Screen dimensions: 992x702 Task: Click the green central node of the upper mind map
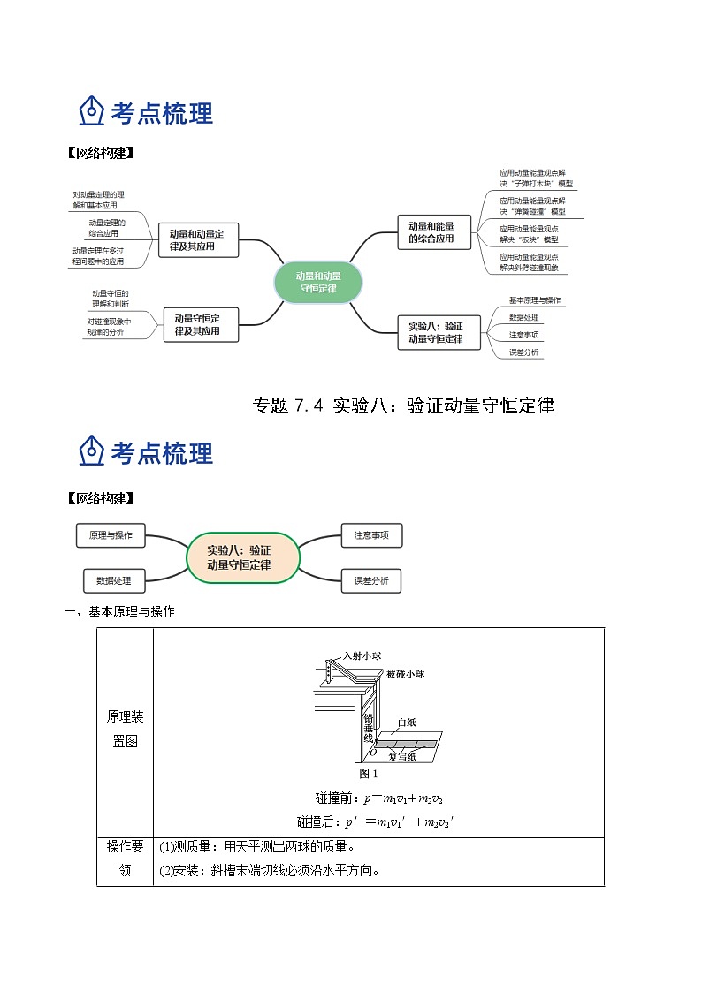318,282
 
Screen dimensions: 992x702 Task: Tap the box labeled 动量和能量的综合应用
431,232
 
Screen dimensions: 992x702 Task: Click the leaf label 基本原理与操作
534,300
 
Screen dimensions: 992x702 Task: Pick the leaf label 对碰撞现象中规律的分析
110,326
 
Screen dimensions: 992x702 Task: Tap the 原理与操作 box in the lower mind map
111,535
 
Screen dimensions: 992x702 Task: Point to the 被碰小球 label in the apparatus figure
405,674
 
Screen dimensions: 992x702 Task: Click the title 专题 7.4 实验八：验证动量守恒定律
403,405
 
